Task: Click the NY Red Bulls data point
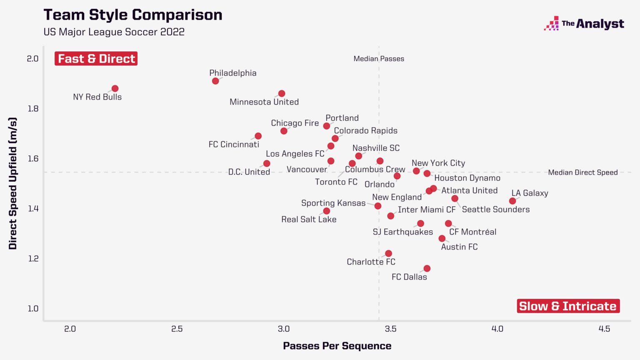coord(115,89)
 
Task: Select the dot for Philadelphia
coord(215,81)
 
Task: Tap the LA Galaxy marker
coord(512,201)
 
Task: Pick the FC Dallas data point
coord(427,269)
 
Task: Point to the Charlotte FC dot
coord(388,254)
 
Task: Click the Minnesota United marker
coord(282,94)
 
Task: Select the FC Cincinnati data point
coord(258,136)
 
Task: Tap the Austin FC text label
coord(459,247)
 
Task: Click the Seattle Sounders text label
coord(496,210)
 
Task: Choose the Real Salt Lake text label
coord(309,220)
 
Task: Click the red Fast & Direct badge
coord(96,59)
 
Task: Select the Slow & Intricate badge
coord(568,306)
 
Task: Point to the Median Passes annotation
coord(379,59)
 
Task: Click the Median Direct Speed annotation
coord(582,172)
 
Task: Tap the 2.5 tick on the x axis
coord(177,329)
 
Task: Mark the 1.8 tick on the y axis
coord(33,109)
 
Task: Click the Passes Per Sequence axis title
coord(337,346)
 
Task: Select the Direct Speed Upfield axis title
coord(13,183)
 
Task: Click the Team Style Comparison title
coord(133,15)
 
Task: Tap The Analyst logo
coord(584,24)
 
